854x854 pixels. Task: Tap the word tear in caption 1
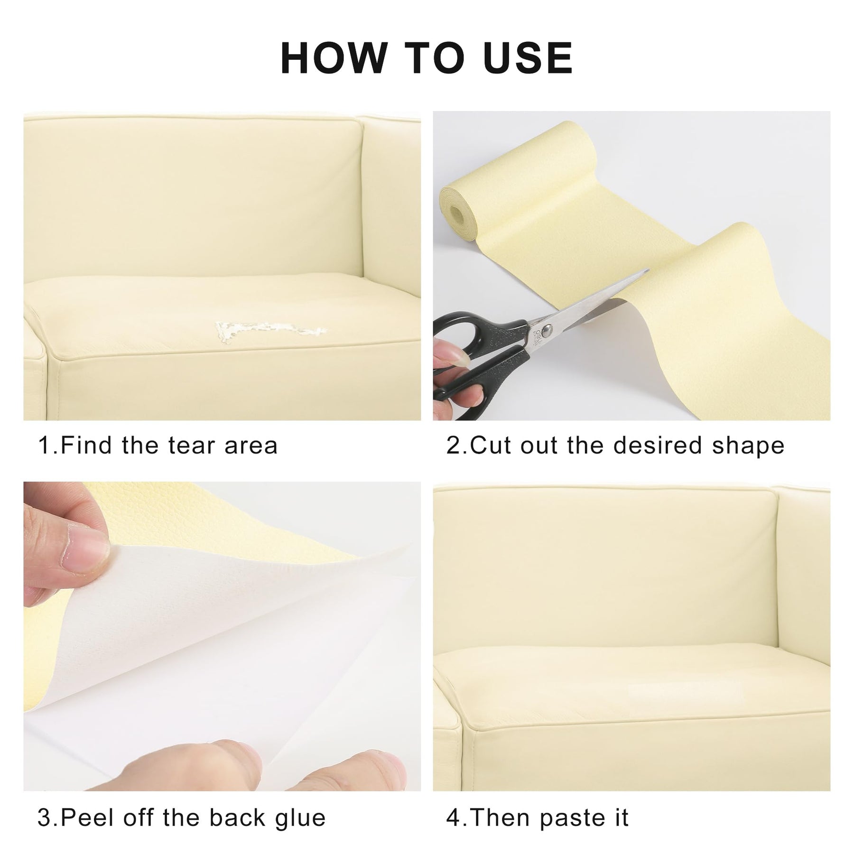pyautogui.click(x=191, y=446)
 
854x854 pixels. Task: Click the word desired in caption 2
pyautogui.click(x=658, y=446)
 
